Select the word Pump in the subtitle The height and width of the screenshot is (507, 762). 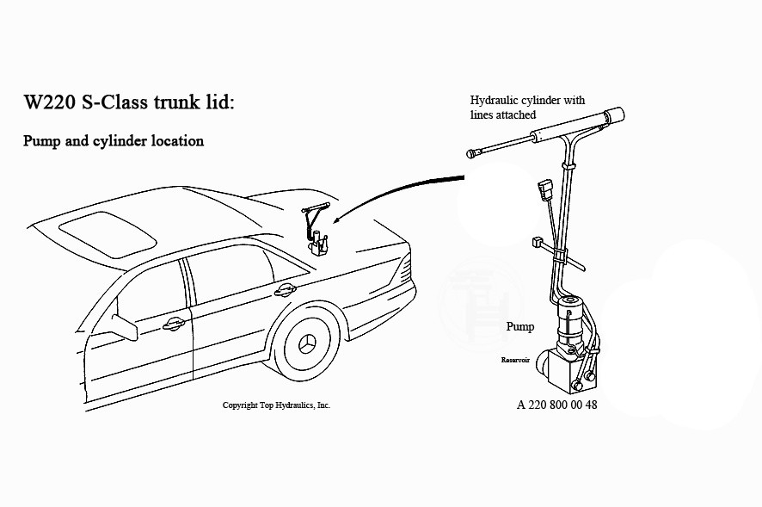pyautogui.click(x=41, y=140)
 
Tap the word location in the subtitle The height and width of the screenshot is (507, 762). pyautogui.click(x=175, y=140)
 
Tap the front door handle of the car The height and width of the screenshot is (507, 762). pyautogui.click(x=173, y=325)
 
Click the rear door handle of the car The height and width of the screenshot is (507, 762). pyautogui.click(x=284, y=291)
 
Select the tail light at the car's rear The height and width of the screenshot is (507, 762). pyautogui.click(x=401, y=269)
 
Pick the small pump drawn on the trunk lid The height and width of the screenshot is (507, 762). pyautogui.click(x=321, y=244)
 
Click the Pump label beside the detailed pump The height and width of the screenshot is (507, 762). pyautogui.click(x=519, y=327)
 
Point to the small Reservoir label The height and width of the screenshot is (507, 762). pyautogui.click(x=519, y=360)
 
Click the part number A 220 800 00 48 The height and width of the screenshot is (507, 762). pyautogui.click(x=556, y=405)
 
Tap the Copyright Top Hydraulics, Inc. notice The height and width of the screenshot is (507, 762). pyautogui.click(x=275, y=405)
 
